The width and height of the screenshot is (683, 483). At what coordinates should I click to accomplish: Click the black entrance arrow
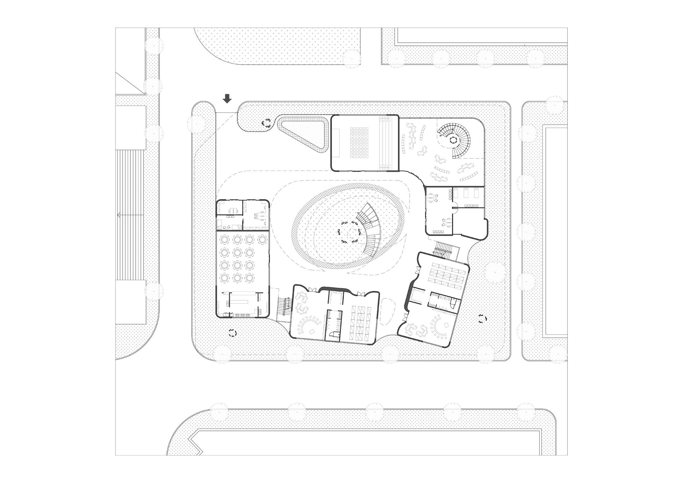click(x=227, y=99)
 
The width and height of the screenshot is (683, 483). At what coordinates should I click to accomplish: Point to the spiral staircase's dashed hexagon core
click(x=454, y=141)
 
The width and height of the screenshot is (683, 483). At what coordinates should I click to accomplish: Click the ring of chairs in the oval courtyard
click(x=349, y=231)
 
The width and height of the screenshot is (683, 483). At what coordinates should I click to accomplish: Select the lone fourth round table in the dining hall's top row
click(x=262, y=240)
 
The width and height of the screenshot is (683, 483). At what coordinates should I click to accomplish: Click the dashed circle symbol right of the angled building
click(x=483, y=319)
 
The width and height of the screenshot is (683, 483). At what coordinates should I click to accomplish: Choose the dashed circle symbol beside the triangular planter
click(x=267, y=123)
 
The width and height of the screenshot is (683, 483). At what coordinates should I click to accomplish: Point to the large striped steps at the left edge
click(x=130, y=215)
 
